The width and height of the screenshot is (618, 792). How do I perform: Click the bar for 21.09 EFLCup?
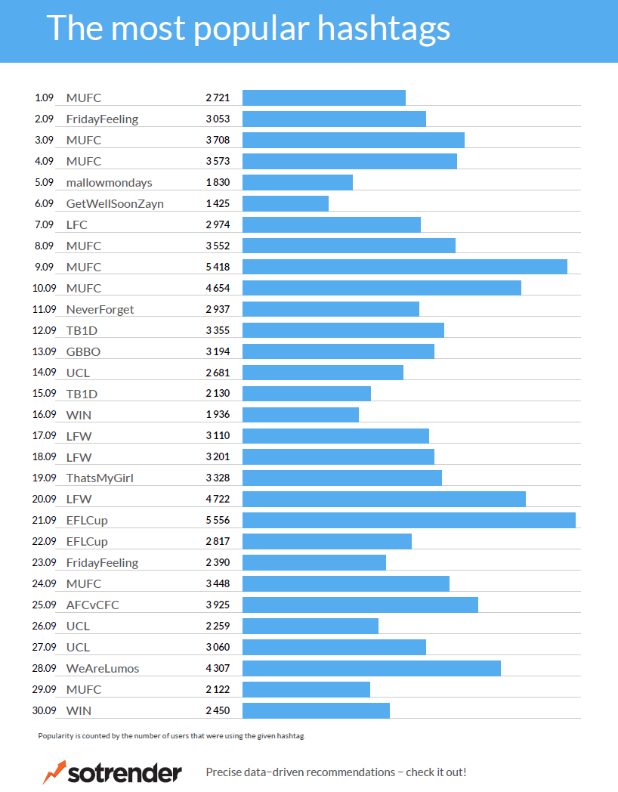409,520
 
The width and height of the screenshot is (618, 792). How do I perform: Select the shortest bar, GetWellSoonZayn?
286,203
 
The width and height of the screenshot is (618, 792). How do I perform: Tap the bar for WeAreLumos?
372,668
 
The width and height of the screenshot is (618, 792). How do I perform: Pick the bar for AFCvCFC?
360,605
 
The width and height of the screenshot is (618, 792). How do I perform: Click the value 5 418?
218,267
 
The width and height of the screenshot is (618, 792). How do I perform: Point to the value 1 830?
218,182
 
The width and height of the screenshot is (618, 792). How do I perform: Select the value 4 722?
218,499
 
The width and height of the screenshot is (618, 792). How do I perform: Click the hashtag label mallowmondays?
109,182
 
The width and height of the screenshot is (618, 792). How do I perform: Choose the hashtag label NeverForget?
100,309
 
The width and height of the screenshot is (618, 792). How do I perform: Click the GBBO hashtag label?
83,351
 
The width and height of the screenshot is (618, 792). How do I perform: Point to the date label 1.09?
44,97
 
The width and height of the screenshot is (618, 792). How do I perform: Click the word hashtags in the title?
384,29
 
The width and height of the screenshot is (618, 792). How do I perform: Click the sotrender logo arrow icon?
54,772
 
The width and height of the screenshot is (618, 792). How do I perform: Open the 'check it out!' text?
436,772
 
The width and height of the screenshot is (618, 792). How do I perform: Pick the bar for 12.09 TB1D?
343,330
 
